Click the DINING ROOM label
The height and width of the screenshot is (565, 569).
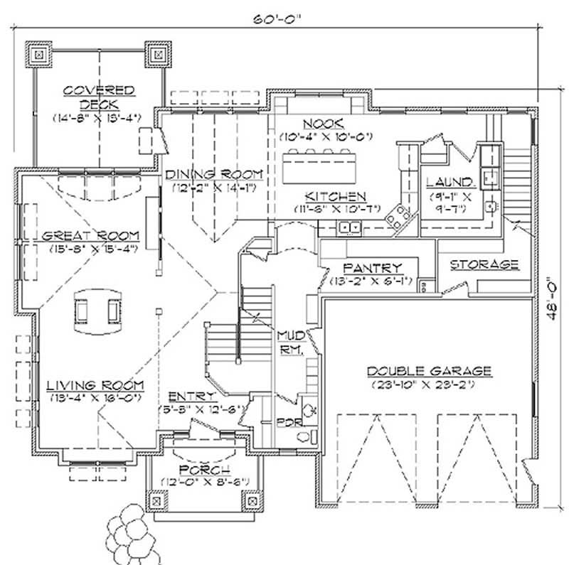point(214,175)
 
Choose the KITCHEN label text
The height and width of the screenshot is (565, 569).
point(336,196)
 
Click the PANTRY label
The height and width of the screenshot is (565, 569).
point(373,268)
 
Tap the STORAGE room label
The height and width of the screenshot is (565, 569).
point(484,264)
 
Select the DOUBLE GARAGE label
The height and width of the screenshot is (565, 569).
point(429,370)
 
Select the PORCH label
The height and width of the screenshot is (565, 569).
point(204,471)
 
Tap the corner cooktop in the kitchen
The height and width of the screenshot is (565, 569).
point(397,214)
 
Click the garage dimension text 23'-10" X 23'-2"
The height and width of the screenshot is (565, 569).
point(429,384)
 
